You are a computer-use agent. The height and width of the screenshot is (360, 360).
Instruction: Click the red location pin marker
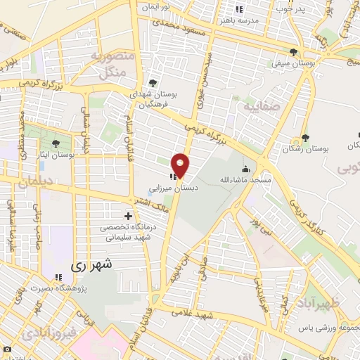click(x=181, y=165)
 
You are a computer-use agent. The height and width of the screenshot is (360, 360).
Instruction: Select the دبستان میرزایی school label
click(x=174, y=188)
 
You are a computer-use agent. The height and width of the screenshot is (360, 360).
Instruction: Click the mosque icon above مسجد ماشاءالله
click(x=245, y=169)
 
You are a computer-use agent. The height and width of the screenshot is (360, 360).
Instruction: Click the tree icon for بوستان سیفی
click(x=293, y=51)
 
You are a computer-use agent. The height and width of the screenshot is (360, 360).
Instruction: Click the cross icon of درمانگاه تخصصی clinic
click(x=127, y=216)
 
